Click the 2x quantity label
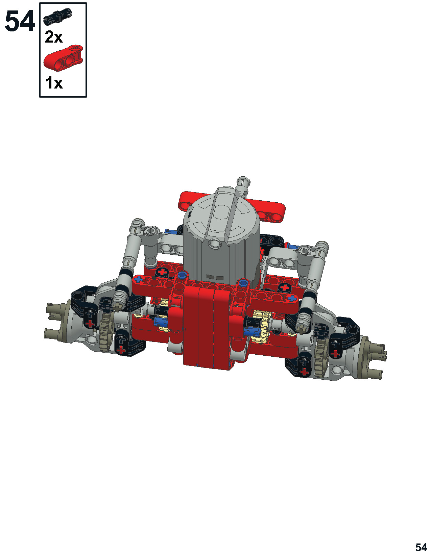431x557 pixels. pyautogui.click(x=54, y=37)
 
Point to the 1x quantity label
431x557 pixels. pyautogui.click(x=54, y=83)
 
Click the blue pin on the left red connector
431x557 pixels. pyautogui.click(x=182, y=275)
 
